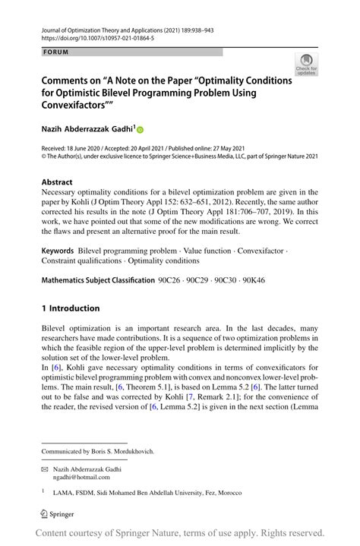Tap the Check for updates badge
point(306,65)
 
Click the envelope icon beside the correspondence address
point(46,468)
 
